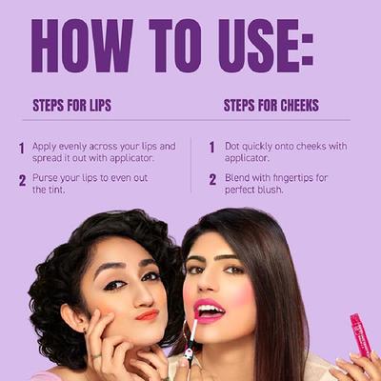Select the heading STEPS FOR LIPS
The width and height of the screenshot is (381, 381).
point(71,106)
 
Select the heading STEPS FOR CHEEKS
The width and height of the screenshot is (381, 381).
point(271,106)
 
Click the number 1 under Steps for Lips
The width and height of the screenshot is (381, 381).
point(21,149)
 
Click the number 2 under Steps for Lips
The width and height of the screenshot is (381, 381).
point(21,180)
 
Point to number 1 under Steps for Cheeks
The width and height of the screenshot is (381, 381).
point(211,149)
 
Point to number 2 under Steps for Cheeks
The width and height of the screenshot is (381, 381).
point(211,180)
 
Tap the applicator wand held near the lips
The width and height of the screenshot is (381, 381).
point(190,342)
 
